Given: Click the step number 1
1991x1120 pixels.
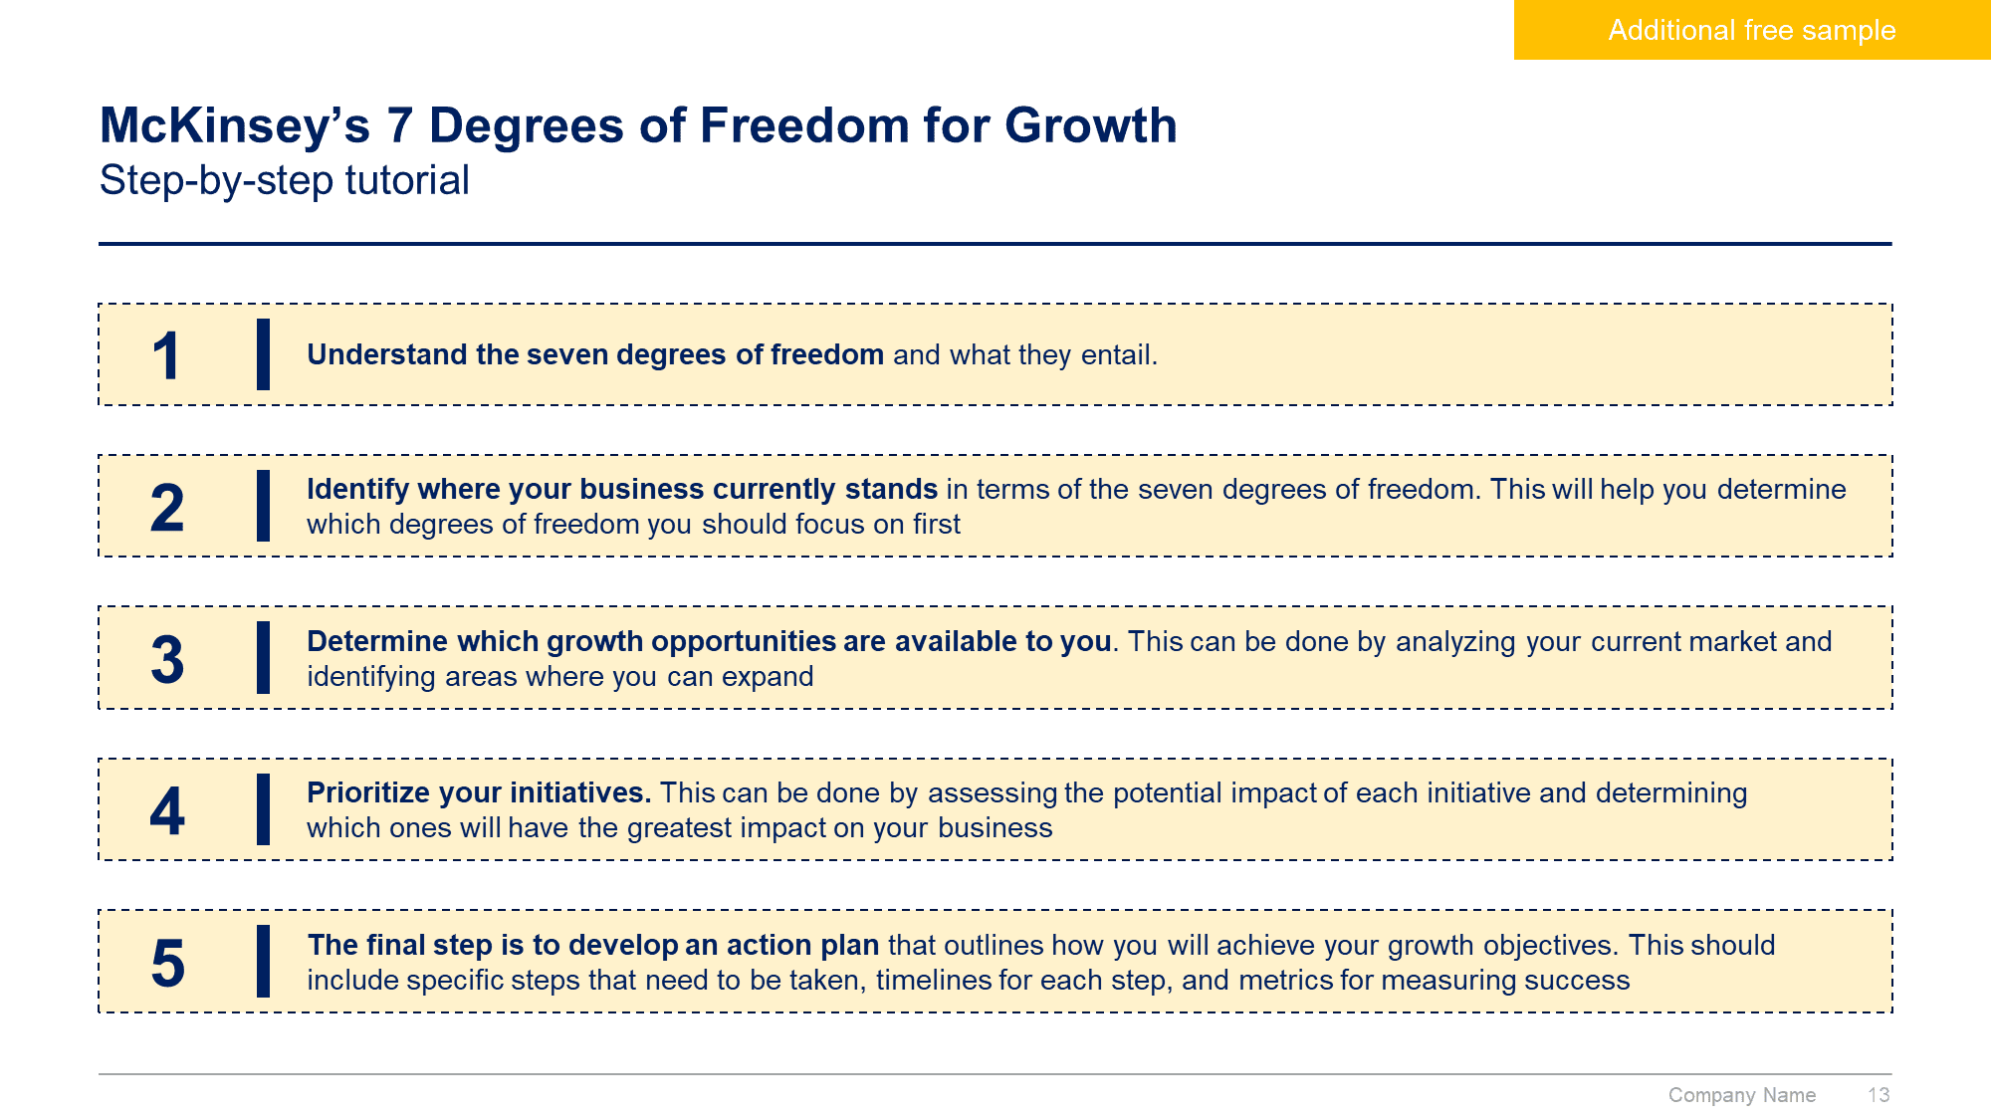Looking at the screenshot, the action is pos(166,355).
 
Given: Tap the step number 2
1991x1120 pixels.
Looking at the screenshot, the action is pos(167,508).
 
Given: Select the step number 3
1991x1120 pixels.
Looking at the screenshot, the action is pos(167,660).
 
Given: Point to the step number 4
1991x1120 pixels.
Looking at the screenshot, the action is pos(167,811).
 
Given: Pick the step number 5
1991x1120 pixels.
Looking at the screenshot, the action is pos(167,964).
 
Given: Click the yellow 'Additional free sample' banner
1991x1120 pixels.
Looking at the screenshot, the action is pos(1752,30).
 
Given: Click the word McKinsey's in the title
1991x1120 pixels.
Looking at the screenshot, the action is pos(235,126).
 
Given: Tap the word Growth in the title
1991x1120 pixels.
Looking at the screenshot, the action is pos(1091,126).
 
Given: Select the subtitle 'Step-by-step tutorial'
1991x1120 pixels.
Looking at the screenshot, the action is pos(285,181).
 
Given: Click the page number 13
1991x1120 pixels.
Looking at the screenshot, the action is pos(1879,1095).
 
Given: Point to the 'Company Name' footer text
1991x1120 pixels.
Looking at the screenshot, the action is pos(1742,1095).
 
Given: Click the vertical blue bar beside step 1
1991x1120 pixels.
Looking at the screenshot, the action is pos(263,354).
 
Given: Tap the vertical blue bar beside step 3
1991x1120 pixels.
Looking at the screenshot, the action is pos(263,658).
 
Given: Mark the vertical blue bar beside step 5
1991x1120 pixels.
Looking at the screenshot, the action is pos(263,962).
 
